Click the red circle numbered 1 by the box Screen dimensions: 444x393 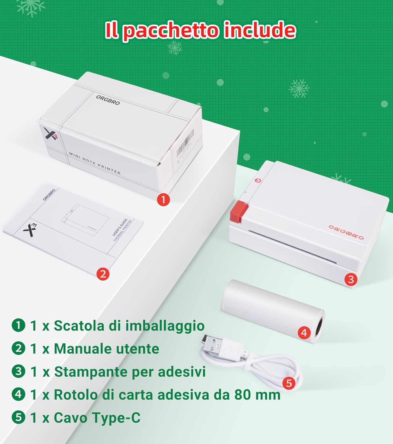coord(163,200)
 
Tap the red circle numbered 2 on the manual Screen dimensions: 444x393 coord(103,274)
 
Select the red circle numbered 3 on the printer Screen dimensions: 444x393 coord(351,279)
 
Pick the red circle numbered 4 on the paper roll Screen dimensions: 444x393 coord(304,333)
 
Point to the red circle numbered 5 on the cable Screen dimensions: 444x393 coord(289,383)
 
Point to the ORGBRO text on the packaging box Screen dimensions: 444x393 coord(108,100)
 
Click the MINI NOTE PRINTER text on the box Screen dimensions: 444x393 coord(95,163)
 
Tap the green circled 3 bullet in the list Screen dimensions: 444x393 coord(18,371)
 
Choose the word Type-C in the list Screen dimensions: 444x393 coord(116,417)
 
